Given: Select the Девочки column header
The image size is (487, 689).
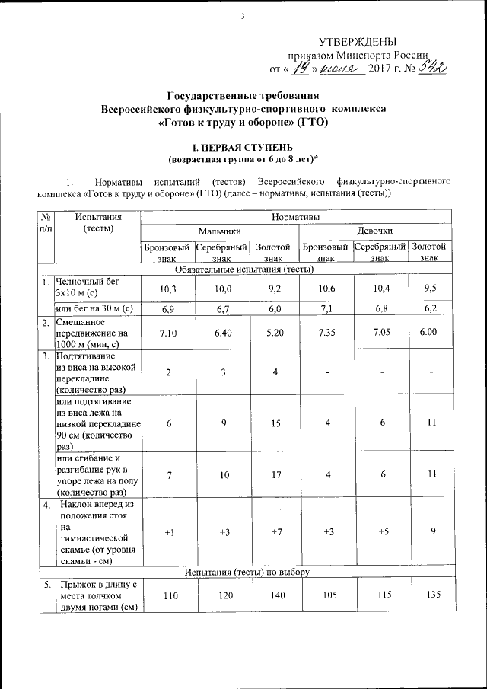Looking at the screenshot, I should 375,231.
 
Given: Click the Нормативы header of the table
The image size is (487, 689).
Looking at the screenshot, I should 296,218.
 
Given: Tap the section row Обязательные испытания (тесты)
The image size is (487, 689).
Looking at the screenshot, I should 244,269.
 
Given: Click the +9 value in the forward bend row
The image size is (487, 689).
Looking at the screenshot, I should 431,531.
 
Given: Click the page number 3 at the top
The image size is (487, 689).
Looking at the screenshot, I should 243,16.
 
